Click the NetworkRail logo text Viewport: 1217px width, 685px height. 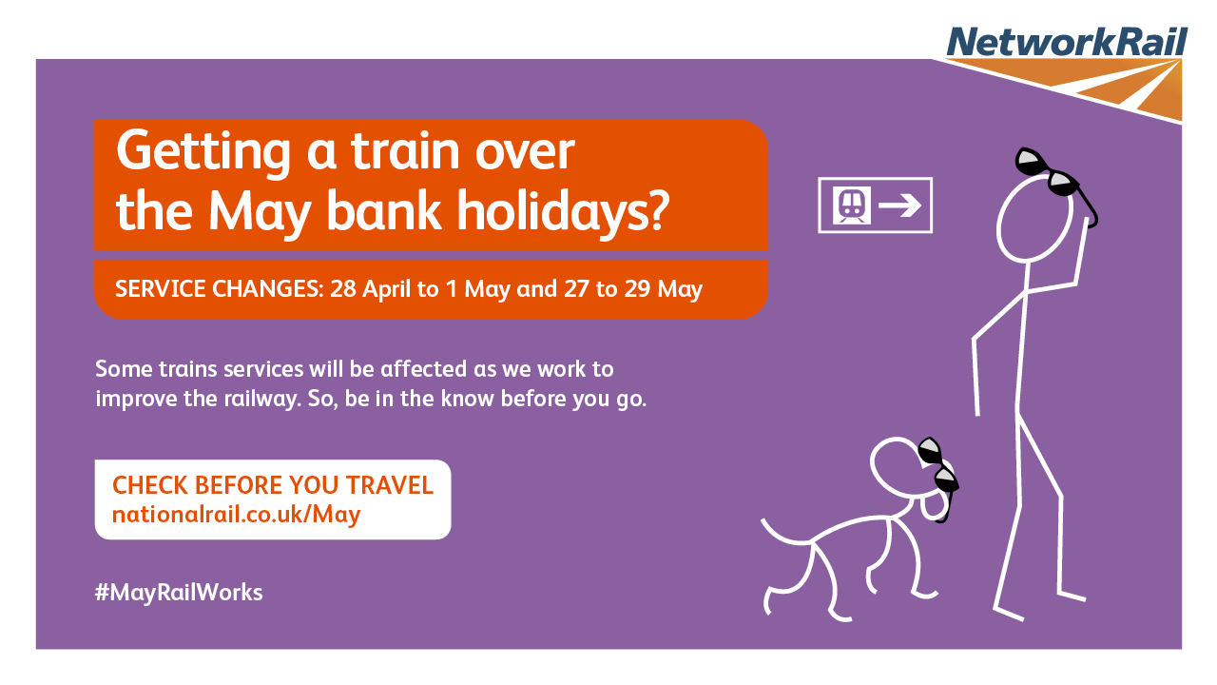tap(1067, 41)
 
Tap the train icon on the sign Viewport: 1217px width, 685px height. tap(852, 205)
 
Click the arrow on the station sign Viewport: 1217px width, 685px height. tap(899, 205)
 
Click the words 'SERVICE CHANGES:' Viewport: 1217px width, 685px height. tap(220, 288)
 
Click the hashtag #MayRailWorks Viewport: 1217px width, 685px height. tap(179, 593)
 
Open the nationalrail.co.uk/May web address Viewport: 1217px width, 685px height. tap(237, 515)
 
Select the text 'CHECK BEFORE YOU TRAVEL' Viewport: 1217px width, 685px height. tap(273, 485)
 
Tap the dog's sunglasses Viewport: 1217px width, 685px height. tap(938, 477)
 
